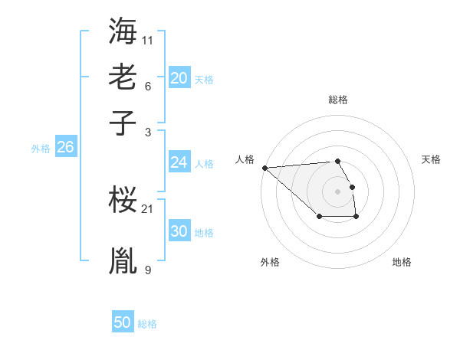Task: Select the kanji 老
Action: (x=123, y=77)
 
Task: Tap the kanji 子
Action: (x=123, y=123)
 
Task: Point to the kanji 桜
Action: (x=123, y=201)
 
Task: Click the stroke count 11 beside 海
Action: (x=149, y=40)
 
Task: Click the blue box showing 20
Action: (x=179, y=77)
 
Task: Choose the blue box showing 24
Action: (x=179, y=162)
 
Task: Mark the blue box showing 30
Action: (x=179, y=231)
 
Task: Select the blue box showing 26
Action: (x=65, y=147)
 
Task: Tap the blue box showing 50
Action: (x=123, y=322)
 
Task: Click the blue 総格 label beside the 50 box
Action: (x=147, y=324)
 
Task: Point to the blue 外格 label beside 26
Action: (x=40, y=149)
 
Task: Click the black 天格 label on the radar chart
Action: (x=431, y=159)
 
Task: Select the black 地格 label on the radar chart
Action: (x=402, y=262)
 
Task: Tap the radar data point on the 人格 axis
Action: (x=264, y=168)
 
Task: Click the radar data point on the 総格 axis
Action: (x=337, y=161)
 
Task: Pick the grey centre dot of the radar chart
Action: (x=337, y=191)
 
